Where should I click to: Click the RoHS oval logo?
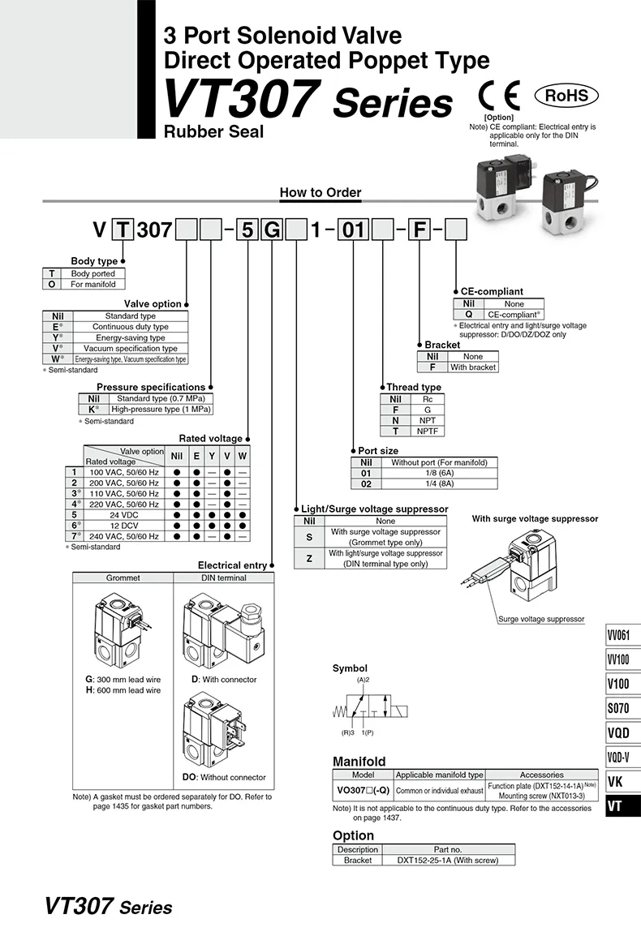click(566, 96)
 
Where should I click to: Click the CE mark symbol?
click(498, 96)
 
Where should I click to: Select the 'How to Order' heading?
click(320, 192)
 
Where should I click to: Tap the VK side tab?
click(616, 783)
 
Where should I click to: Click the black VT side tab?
click(616, 807)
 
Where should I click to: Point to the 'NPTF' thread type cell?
click(428, 432)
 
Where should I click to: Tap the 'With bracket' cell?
click(473, 367)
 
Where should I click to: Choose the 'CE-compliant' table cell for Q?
click(513, 314)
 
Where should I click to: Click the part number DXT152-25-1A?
click(448, 860)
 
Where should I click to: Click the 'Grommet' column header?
click(123, 577)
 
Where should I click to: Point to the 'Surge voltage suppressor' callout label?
click(540, 619)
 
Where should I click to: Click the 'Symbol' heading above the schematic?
click(350, 668)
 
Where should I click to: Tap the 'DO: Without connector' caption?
click(224, 777)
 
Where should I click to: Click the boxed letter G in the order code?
click(272, 230)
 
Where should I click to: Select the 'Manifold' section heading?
click(359, 762)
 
